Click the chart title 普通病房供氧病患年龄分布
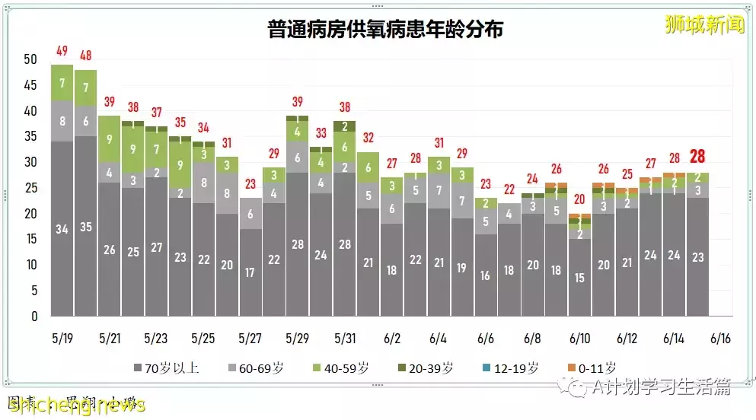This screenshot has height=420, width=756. pyautogui.click(x=385, y=30)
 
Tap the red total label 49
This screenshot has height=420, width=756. pyautogui.click(x=62, y=52)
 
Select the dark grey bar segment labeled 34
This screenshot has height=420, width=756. pyautogui.click(x=62, y=228)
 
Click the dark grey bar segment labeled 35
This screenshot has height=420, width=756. pyautogui.click(x=85, y=226)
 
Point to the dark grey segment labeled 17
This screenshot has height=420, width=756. pyautogui.click(x=250, y=272)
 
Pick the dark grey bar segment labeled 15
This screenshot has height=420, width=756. pyautogui.click(x=580, y=278)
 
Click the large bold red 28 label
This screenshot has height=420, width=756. pyautogui.click(x=697, y=157)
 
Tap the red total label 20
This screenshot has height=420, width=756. pyautogui.click(x=580, y=199)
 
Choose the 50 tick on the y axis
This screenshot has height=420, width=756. pyautogui.click(x=30, y=59)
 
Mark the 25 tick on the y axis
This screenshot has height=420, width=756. pyautogui.click(x=30, y=188)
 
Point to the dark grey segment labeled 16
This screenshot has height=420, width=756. pyautogui.click(x=486, y=275)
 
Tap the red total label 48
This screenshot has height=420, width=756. pyautogui.click(x=85, y=56)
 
